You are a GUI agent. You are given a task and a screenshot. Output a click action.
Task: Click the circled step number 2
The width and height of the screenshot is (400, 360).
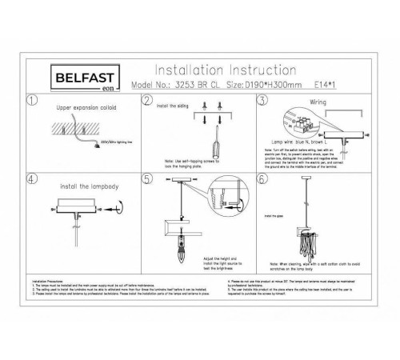(146, 100)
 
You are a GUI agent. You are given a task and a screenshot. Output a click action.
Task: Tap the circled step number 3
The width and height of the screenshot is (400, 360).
(261, 100)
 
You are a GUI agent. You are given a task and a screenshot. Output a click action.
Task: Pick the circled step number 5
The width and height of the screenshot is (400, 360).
(146, 178)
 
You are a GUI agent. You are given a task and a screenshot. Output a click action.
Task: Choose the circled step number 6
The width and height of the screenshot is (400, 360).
(261, 178)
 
